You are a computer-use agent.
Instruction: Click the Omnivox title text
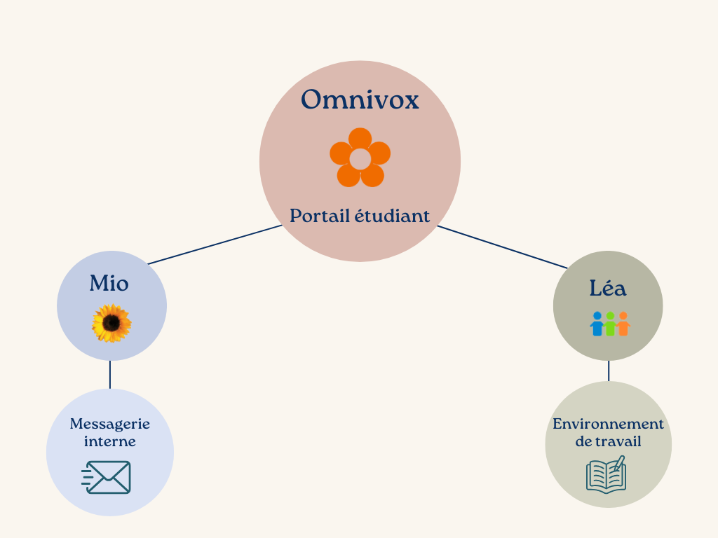[x=360, y=99]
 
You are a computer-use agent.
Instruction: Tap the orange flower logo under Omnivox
[x=360, y=158]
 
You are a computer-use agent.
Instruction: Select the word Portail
[x=320, y=216]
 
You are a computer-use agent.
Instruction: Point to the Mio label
[x=109, y=283]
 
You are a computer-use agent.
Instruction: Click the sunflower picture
[x=111, y=324]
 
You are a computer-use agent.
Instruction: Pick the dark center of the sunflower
[x=111, y=323]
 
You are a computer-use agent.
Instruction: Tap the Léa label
[x=608, y=288]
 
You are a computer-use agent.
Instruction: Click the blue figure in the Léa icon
[x=597, y=324]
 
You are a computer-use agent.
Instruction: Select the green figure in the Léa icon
[x=610, y=324]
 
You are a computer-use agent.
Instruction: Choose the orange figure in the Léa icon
[x=623, y=324]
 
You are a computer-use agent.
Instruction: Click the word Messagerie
[x=110, y=424]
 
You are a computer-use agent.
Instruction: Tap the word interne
[x=110, y=441]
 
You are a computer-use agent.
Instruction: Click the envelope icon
[x=107, y=477]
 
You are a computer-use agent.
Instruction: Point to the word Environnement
[x=608, y=424]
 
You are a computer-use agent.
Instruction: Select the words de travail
[x=608, y=441]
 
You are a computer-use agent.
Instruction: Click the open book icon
[x=607, y=475]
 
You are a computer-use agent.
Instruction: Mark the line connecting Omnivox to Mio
[x=215, y=244]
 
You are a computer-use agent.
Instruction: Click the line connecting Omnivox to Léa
[x=503, y=247]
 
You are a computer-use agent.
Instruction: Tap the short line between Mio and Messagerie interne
[x=110, y=375]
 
